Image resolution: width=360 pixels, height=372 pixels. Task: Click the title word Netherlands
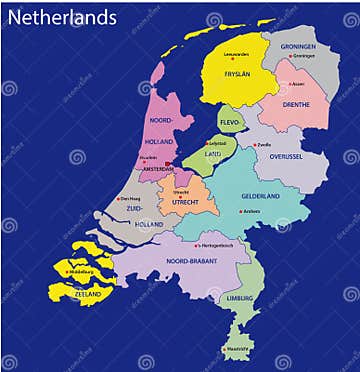61,17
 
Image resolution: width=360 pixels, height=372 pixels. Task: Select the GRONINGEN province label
297,46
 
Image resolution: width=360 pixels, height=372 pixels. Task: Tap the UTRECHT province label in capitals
184,201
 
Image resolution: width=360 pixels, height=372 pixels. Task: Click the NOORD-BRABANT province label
190,261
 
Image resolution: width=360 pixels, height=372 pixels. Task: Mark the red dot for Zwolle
254,145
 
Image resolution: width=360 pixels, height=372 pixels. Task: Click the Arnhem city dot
241,211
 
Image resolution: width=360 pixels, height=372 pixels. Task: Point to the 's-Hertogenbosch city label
217,244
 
